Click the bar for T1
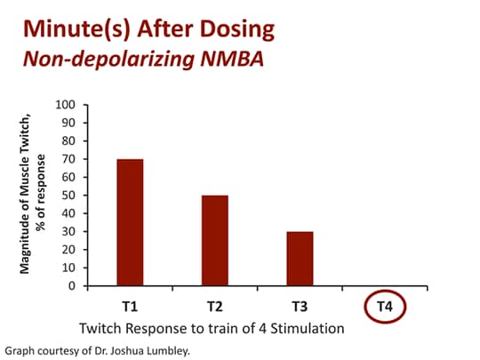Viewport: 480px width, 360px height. click(x=129, y=222)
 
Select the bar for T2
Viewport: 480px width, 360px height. click(x=213, y=240)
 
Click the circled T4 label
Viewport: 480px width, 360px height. click(x=383, y=307)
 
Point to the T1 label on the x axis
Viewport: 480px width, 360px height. click(x=129, y=307)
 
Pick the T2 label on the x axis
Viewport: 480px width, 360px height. click(x=213, y=307)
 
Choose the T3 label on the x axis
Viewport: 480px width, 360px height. click(x=298, y=307)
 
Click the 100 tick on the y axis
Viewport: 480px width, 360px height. click(x=65, y=104)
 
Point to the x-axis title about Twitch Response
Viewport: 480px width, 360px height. click(x=211, y=327)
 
